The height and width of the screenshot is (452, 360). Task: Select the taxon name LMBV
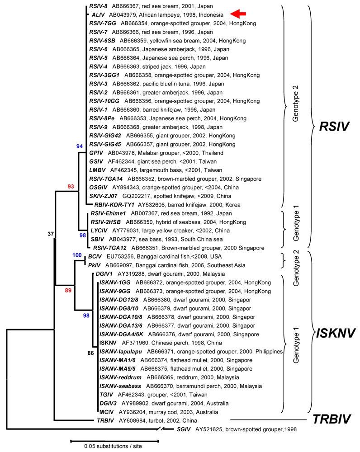pyautogui.click(x=97, y=169)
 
